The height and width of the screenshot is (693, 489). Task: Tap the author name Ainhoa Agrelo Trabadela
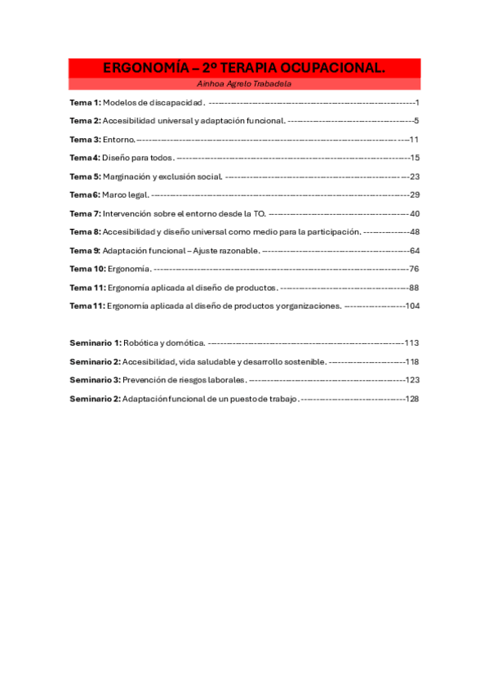click(244, 84)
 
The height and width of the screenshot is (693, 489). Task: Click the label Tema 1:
click(85, 102)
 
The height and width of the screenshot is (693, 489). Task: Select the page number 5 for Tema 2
click(416, 121)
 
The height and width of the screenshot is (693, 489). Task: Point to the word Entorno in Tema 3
click(118, 140)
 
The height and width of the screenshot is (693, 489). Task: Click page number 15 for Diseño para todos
click(415, 158)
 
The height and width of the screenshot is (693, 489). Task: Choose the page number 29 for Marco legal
click(415, 194)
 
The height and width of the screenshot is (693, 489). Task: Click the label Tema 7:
click(85, 213)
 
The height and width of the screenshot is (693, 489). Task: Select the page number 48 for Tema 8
click(415, 231)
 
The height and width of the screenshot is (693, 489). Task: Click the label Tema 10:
click(87, 269)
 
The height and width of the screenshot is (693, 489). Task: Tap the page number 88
click(414, 288)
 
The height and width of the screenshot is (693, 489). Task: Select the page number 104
click(412, 306)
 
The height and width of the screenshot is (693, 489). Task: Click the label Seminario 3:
click(96, 380)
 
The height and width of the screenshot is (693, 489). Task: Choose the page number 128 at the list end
click(412, 399)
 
